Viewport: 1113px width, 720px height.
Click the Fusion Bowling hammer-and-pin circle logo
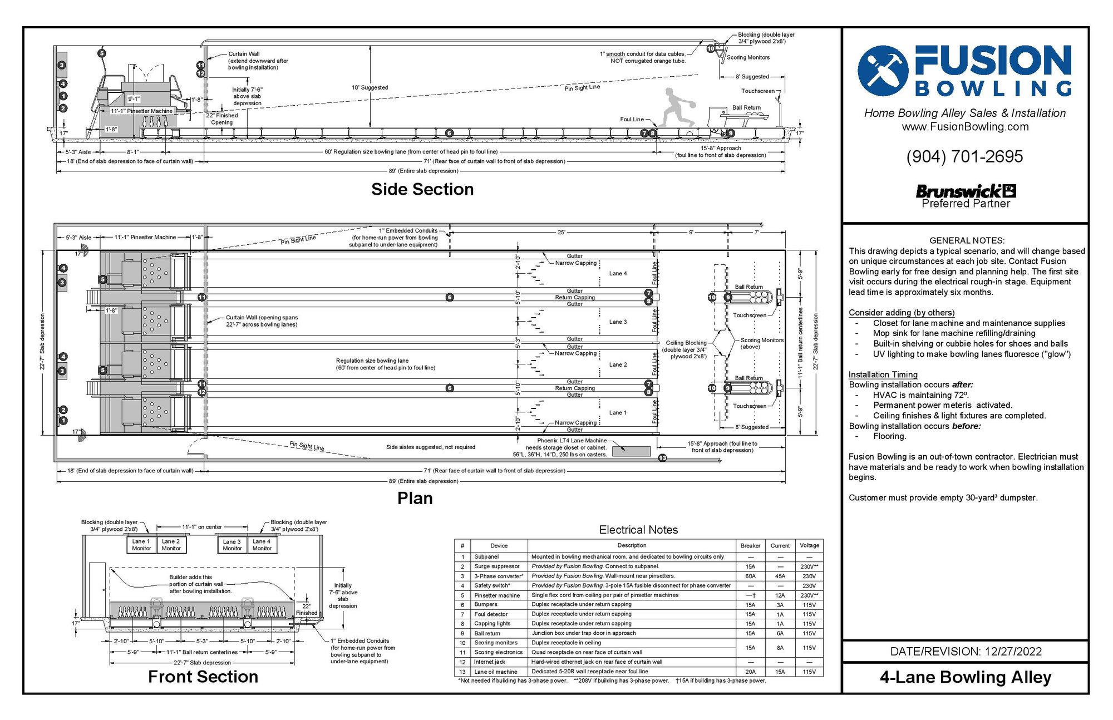click(x=883, y=71)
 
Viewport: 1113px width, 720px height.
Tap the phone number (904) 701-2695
click(x=964, y=156)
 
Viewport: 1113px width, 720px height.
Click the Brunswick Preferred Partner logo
click(x=966, y=196)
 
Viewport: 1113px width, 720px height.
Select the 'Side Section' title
click(x=422, y=189)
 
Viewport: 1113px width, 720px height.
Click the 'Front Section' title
click(x=203, y=677)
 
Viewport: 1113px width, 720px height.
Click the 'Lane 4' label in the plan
click(x=618, y=273)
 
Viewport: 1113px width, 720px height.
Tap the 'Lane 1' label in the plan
click(x=618, y=412)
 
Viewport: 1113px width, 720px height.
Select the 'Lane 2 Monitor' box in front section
click(x=171, y=545)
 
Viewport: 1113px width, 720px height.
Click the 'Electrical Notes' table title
click(x=638, y=530)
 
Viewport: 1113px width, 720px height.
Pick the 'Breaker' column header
click(x=750, y=545)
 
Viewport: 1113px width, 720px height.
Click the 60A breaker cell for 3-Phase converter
click(x=750, y=576)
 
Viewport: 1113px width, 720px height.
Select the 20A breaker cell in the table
click(x=750, y=672)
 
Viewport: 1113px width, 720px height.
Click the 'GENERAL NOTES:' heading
click(x=967, y=240)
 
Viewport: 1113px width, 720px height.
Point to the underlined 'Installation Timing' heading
click(x=883, y=374)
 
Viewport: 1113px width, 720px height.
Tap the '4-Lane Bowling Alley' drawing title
click(x=966, y=677)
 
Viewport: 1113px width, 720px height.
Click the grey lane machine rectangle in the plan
click(x=631, y=451)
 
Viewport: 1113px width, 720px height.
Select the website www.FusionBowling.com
click(x=965, y=127)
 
